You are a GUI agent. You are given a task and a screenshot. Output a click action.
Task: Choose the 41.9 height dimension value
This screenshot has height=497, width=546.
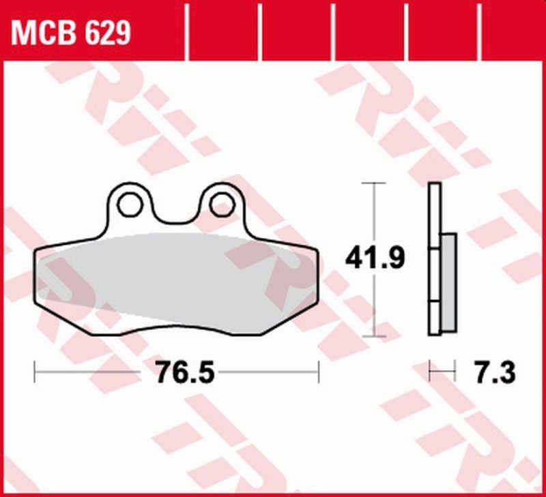pyautogui.click(x=375, y=258)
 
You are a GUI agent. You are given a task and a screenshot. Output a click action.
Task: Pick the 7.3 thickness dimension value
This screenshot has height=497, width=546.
pyautogui.click(x=492, y=372)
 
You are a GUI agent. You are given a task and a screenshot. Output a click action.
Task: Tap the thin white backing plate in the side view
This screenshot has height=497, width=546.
pyautogui.click(x=434, y=259)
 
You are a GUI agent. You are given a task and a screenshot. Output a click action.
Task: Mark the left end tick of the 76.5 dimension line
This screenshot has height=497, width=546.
pyautogui.click(x=35, y=372)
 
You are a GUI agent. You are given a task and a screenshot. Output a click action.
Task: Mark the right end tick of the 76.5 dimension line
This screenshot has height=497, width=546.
pyautogui.click(x=319, y=372)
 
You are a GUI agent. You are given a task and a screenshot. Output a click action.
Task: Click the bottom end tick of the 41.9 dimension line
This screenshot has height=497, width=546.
pyautogui.click(x=374, y=336)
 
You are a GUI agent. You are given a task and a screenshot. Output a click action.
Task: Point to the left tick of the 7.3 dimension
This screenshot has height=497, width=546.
pyautogui.click(x=429, y=372)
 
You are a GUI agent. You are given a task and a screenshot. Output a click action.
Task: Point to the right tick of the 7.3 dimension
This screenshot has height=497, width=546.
pyautogui.click(x=454, y=372)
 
